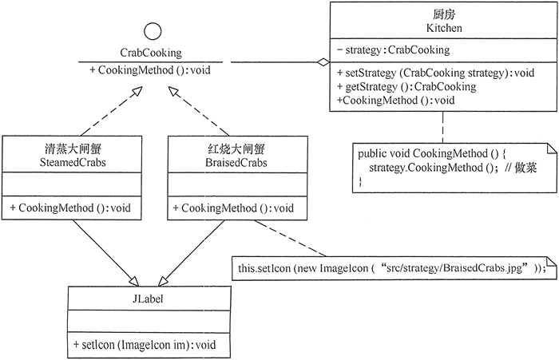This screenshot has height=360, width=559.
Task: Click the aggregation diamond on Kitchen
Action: pos(321,62)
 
